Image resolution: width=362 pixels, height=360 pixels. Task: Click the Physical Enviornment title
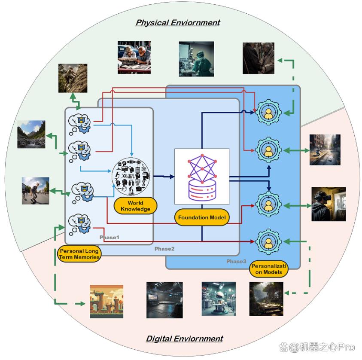click(178, 22)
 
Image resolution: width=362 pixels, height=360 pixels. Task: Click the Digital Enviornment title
click(185, 339)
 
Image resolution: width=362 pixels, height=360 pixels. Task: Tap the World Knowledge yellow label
click(136, 206)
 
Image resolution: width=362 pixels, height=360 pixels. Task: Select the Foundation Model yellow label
click(202, 217)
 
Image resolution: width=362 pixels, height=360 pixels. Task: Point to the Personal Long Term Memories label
click(79, 254)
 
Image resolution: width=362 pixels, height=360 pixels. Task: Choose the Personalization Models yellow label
click(269, 269)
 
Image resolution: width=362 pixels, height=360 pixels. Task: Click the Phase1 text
click(109, 238)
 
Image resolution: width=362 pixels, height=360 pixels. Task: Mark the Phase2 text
click(164, 249)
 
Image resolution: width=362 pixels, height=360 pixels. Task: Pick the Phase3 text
click(236, 261)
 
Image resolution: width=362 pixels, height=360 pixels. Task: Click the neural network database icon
click(202, 177)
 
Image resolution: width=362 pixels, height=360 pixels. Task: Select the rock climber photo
click(73, 78)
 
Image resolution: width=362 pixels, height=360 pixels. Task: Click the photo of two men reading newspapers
click(134, 58)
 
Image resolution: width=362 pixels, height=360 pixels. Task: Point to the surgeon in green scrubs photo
click(197, 59)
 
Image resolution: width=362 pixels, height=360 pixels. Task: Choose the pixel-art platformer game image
click(106, 302)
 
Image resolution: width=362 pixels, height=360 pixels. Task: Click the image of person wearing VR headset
click(329, 204)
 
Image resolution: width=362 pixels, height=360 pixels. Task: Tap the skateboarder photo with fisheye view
click(36, 191)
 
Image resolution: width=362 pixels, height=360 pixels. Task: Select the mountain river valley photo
click(31, 134)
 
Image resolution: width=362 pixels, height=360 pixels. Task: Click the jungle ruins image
click(266, 299)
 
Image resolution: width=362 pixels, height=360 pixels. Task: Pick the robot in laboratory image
click(219, 299)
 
